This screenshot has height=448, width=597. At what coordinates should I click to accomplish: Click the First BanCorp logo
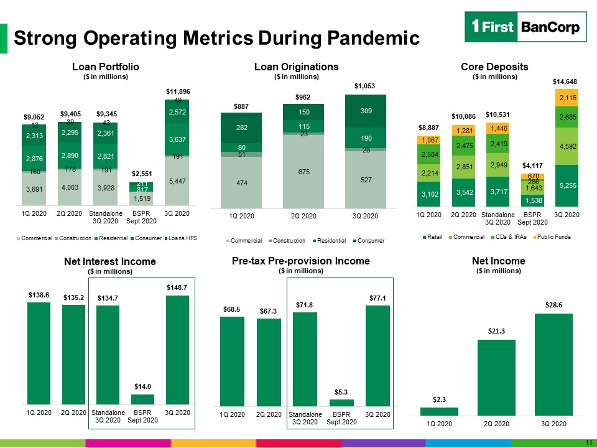point(525,27)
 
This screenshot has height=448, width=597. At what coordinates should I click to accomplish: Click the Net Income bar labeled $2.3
point(439,411)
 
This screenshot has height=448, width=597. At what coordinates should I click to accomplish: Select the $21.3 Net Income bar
point(496,378)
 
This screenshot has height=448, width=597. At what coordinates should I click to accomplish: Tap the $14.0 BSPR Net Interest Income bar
point(142,399)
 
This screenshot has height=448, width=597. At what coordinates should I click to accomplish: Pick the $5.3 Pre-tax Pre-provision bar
point(341,403)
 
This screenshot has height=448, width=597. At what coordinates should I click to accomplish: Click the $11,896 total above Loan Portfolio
point(178,91)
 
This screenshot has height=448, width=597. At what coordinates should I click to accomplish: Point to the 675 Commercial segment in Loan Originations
point(303,172)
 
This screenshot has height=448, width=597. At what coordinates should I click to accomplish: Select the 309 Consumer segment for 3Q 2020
point(366,111)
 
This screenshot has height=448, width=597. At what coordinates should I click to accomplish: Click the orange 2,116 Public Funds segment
point(567,98)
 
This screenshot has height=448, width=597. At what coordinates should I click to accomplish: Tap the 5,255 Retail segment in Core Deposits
point(567,185)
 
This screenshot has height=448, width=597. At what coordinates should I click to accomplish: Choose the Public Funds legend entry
point(552,237)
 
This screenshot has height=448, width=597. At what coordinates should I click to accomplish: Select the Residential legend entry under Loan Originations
point(330,241)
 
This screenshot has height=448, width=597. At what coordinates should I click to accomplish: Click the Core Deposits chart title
point(494,67)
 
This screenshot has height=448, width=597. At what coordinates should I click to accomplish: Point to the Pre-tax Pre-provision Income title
point(301,261)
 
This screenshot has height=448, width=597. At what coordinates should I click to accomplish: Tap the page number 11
point(589,442)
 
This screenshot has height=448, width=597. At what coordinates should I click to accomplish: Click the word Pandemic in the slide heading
point(373,38)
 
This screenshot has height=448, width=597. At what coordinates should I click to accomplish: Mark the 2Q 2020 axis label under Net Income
point(496,424)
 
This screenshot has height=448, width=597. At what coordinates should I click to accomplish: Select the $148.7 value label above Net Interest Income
point(177,287)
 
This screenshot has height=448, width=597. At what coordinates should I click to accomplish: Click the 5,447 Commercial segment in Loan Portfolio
point(177,181)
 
